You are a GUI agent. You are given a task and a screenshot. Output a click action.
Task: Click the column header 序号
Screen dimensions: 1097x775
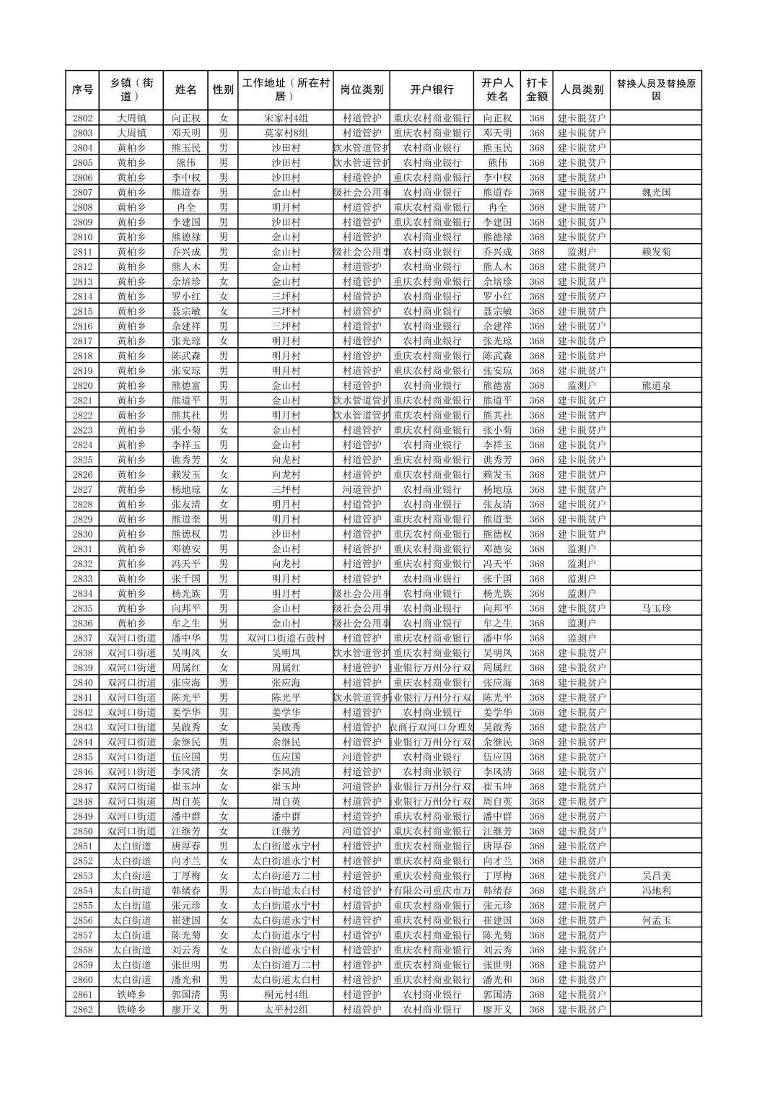(x=82, y=90)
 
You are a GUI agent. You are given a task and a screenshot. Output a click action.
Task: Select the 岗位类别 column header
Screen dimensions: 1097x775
(x=362, y=90)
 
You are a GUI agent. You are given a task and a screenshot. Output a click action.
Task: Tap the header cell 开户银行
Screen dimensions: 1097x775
(x=432, y=90)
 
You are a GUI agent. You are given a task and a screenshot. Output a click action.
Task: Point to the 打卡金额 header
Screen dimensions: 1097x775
(x=536, y=90)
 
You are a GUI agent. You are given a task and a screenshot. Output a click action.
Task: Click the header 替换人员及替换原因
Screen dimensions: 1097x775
(x=655, y=90)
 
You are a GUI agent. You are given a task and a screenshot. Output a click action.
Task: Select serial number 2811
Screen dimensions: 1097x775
(x=82, y=252)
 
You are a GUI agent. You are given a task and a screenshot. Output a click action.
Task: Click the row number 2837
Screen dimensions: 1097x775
(x=82, y=638)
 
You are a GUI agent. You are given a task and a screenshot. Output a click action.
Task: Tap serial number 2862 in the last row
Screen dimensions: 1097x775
(x=82, y=1010)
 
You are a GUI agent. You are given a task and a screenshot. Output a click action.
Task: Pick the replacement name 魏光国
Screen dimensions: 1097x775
(x=655, y=193)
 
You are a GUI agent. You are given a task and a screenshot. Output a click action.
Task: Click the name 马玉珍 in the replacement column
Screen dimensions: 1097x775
(x=655, y=608)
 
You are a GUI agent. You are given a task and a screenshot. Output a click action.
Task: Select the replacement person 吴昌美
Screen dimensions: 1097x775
(x=655, y=876)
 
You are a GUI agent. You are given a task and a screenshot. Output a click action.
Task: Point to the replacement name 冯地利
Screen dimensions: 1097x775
(x=655, y=891)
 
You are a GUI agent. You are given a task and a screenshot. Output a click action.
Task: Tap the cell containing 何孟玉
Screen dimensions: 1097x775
(x=655, y=920)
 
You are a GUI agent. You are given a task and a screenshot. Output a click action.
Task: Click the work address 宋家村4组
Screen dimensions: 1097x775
(x=286, y=118)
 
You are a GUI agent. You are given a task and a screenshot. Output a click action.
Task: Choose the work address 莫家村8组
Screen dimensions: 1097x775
(x=286, y=133)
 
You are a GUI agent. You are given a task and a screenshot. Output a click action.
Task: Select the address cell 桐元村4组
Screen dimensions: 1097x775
(x=286, y=995)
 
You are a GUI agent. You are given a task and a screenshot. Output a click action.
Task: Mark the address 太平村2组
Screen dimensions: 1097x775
(x=286, y=1010)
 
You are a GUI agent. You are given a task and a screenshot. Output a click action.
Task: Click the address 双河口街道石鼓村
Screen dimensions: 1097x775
(x=286, y=638)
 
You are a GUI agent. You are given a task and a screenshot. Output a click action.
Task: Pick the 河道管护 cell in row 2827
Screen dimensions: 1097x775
(x=362, y=489)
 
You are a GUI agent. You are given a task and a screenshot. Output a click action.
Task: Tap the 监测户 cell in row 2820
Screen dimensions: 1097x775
(x=582, y=385)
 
